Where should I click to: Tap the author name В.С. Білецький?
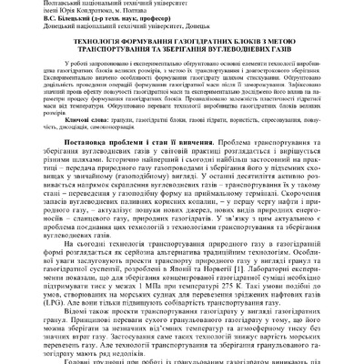coord(28,21)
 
